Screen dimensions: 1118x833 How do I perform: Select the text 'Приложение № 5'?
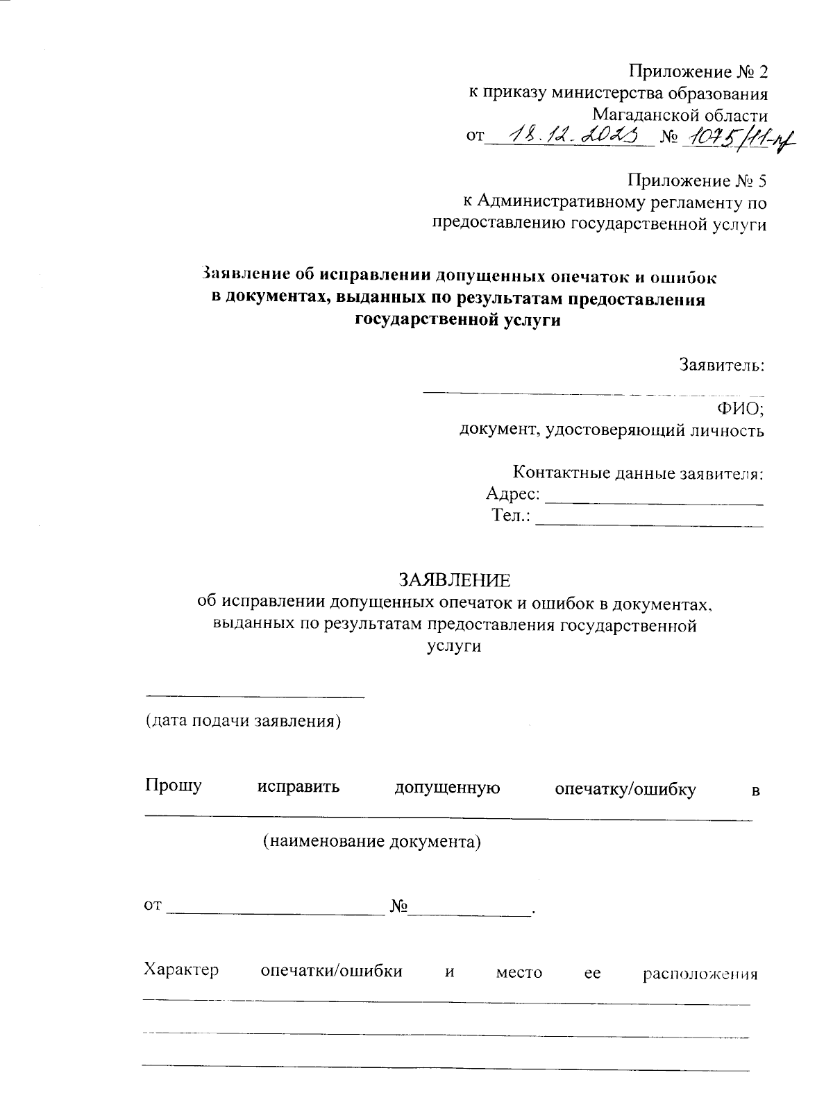697,181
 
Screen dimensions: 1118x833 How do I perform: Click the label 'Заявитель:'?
722,365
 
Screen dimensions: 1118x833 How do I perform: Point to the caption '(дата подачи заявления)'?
243,721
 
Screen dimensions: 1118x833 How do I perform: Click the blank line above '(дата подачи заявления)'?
254,695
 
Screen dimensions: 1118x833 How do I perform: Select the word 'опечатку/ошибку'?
625,789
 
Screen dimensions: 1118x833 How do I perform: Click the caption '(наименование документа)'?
371,842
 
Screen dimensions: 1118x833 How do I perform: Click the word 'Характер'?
181,969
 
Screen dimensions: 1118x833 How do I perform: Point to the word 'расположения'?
699,973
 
